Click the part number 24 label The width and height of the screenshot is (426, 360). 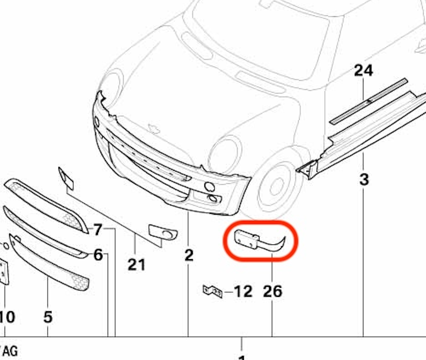coord(363,70)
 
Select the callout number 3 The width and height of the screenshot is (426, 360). coord(364,179)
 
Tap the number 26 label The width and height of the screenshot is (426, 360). coord(272,291)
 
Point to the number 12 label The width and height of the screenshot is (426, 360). coord(243,291)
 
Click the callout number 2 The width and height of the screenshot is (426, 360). coord(189,255)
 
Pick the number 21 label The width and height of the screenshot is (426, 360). coord(137,264)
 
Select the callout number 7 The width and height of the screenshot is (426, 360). coord(98,229)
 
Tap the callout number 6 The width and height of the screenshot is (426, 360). coord(98,255)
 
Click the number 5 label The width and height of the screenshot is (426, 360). coord(48,317)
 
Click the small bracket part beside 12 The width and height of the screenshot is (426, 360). coord(213,291)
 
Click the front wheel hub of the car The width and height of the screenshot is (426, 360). coord(277,186)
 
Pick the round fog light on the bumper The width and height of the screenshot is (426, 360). coord(209,187)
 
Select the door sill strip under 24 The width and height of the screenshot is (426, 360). coord(368,101)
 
